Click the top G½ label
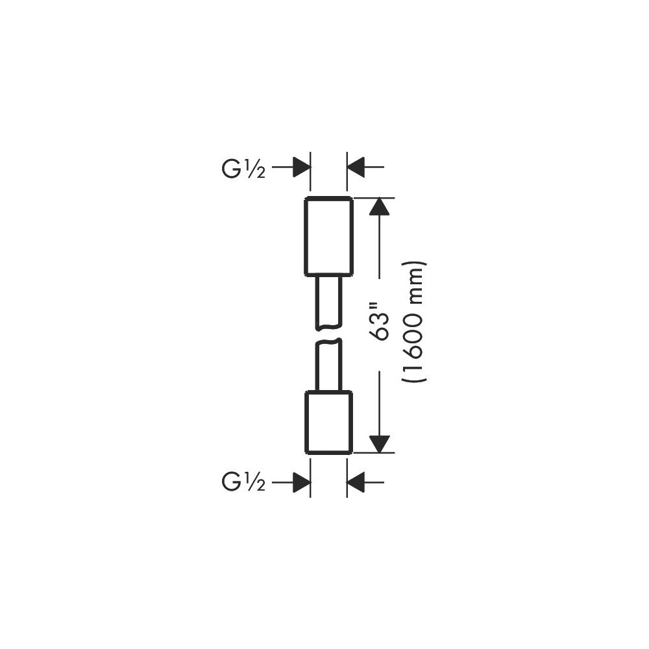point(243,169)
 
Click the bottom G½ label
point(243,482)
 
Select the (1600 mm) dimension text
point(414,322)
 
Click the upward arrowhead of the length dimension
point(380,207)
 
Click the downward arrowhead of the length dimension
point(380,444)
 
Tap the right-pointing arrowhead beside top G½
point(302,167)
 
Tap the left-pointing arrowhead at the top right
point(356,167)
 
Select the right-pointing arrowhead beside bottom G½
point(302,482)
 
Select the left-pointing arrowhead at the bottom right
point(356,482)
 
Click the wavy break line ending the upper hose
point(328,327)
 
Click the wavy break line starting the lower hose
point(328,342)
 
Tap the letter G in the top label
point(231,169)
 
